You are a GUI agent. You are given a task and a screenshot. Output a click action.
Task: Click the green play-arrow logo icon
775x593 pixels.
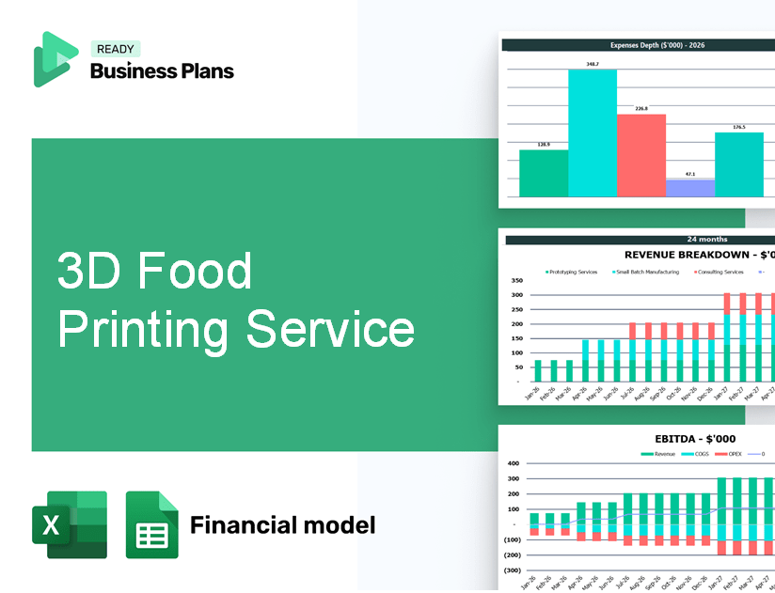(54, 58)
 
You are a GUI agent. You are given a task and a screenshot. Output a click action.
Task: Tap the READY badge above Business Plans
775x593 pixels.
(115, 49)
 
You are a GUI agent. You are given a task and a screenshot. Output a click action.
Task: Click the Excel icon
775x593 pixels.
(70, 524)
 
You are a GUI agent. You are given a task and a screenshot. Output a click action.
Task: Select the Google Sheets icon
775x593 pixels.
(152, 524)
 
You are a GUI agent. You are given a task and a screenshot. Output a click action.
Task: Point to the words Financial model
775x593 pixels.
(282, 524)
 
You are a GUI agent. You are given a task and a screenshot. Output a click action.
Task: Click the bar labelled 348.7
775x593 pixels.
(593, 133)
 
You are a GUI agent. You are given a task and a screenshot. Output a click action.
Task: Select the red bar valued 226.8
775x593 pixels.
(641, 155)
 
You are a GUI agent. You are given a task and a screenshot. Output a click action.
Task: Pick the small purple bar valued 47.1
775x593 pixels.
(690, 188)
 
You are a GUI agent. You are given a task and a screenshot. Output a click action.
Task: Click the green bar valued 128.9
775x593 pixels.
(544, 173)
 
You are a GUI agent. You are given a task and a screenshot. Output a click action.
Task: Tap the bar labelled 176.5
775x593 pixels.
(739, 164)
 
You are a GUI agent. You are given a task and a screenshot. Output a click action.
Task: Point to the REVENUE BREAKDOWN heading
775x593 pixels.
(700, 255)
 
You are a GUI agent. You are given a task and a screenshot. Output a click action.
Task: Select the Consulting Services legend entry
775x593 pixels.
(720, 273)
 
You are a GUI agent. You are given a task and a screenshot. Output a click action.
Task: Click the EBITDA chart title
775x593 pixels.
(681, 438)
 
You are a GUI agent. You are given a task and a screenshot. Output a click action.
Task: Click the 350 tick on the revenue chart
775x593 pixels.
(516, 281)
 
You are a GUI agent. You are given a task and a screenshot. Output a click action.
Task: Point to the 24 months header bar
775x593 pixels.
(640, 240)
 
